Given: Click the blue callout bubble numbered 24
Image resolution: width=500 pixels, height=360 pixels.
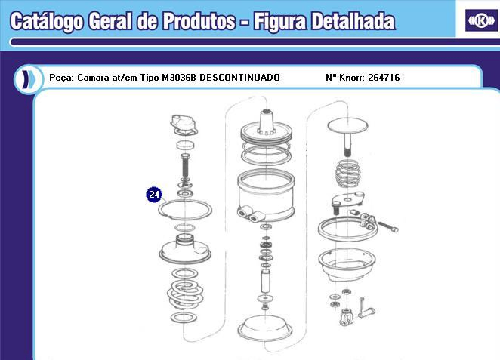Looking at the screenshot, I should (x=154, y=195).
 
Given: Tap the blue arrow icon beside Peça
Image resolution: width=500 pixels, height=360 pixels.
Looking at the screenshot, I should (x=28, y=78).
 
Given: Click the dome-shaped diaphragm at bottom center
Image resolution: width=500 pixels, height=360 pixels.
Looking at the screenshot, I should (x=267, y=329).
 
